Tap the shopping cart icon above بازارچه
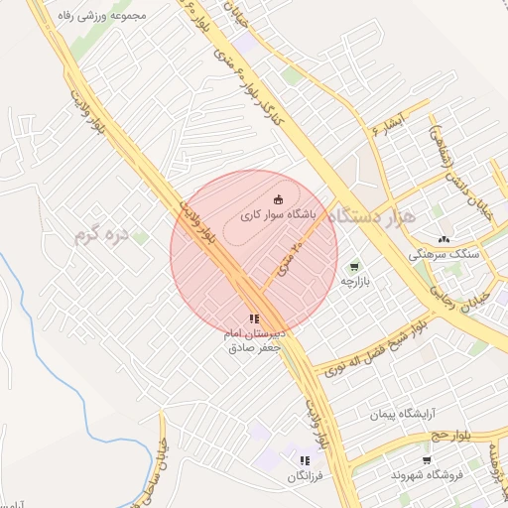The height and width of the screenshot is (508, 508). (x=355, y=266)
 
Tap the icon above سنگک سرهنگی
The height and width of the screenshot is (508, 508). (x=444, y=239)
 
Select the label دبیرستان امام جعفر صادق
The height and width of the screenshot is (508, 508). (x=256, y=341)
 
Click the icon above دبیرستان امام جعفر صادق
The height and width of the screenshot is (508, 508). (x=255, y=318)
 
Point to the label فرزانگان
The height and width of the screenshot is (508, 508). (x=306, y=476)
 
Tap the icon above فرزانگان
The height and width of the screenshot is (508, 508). (x=305, y=460)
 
